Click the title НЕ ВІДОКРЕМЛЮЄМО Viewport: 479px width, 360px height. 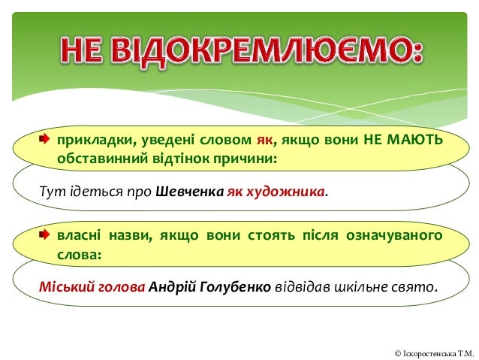tap(239, 51)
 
